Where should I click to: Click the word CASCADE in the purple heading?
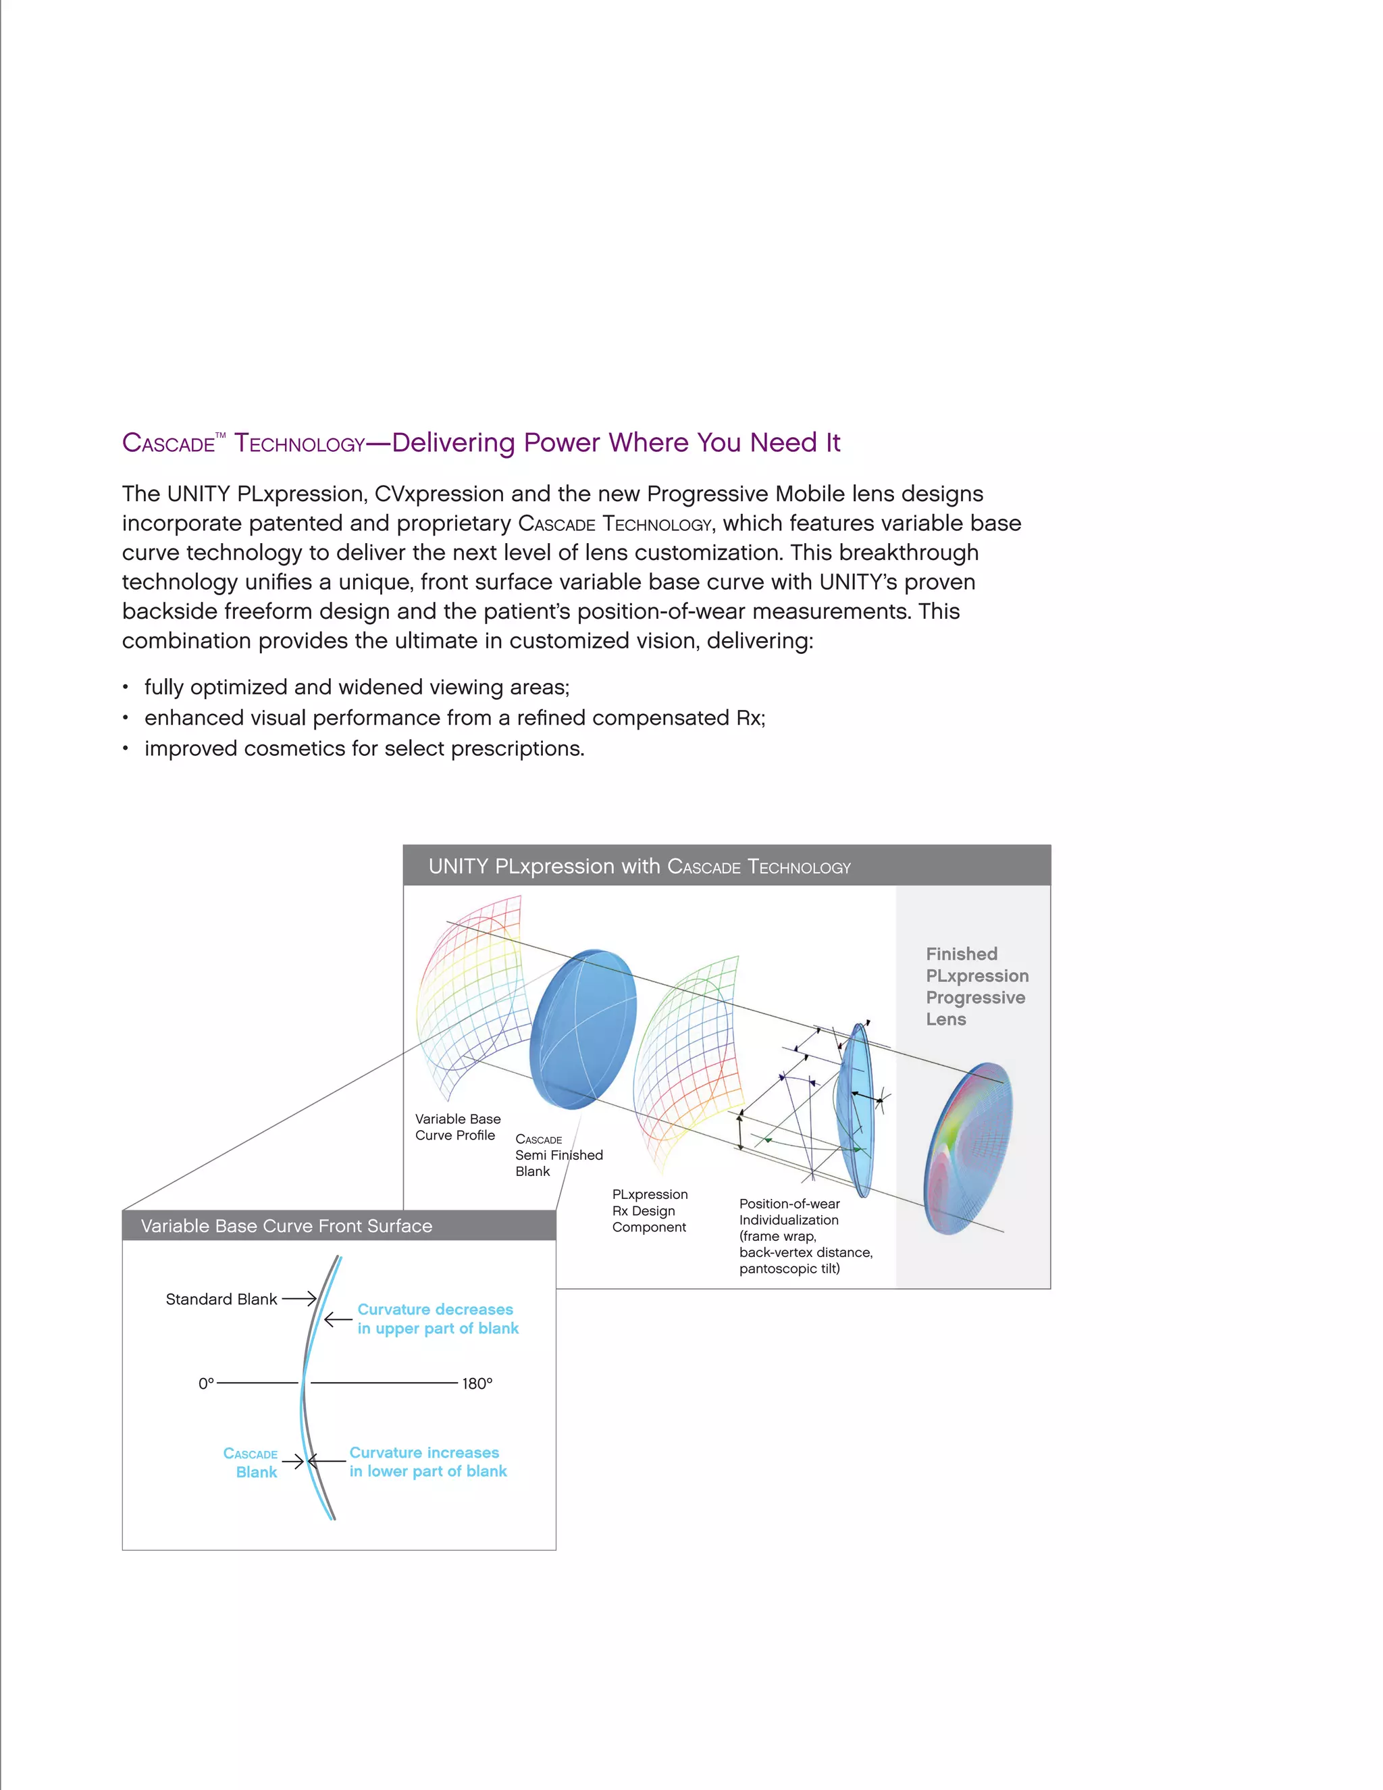[168, 443]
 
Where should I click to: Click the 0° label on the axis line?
[206, 1383]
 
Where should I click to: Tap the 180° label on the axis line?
[477, 1383]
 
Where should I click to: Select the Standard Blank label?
[221, 1299]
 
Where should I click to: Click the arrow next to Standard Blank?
[299, 1298]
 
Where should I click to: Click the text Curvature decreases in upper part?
[438, 1319]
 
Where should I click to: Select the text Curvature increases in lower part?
[427, 1461]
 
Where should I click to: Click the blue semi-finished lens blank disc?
[583, 1029]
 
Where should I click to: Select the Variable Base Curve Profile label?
[457, 1127]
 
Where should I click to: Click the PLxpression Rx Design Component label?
[649, 1210]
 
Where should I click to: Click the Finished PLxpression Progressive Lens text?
[976, 987]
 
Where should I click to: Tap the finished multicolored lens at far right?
[968, 1148]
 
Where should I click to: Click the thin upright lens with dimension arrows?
[857, 1110]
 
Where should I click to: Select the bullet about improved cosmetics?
[364, 748]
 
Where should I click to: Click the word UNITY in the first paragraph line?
[199, 494]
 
